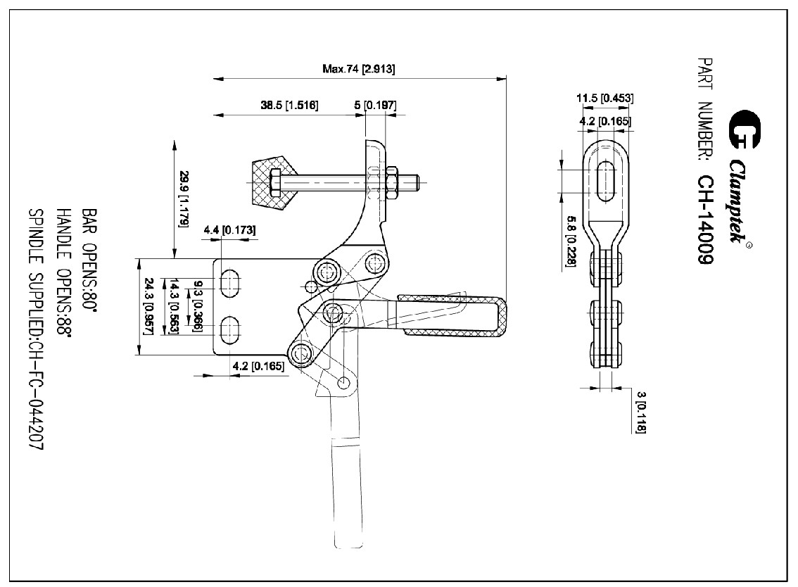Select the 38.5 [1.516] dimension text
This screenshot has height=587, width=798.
289,106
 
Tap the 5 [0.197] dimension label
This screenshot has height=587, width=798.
375,106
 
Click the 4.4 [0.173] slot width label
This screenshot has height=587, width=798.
229,230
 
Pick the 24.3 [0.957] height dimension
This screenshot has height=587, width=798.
148,306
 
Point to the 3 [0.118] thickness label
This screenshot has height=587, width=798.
640,412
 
